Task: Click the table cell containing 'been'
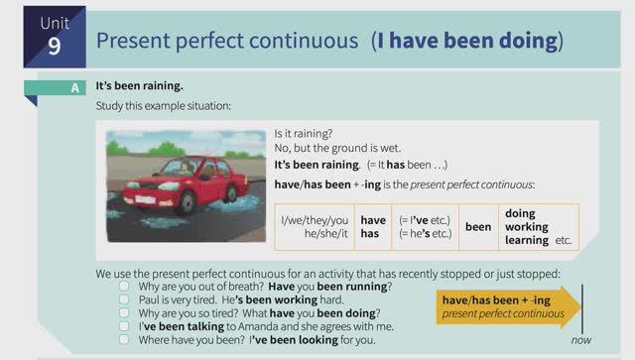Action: point(478,226)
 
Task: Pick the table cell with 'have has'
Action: point(372,226)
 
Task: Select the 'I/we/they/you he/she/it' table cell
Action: point(315,226)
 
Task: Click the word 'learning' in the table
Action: point(526,240)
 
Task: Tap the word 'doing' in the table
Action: point(520,213)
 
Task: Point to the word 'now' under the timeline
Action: point(582,340)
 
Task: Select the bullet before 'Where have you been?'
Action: point(124,338)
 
